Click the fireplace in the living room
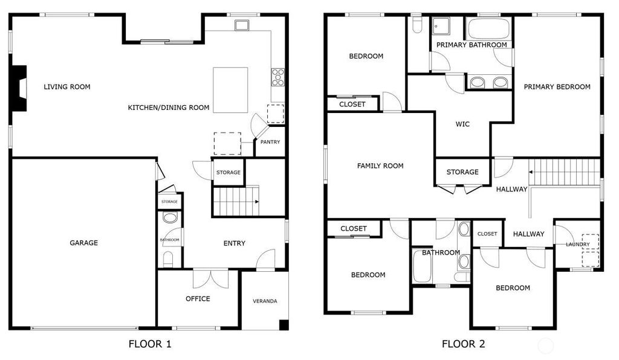[18, 88]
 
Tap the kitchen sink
[241, 25]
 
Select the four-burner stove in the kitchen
[278, 77]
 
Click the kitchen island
[230, 90]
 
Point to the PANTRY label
[270, 142]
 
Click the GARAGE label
[83, 243]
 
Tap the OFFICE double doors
[211, 279]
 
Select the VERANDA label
[265, 301]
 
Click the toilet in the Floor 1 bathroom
[168, 259]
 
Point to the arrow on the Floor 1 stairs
[256, 202]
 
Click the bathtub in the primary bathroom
[488, 28]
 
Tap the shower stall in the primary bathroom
[441, 27]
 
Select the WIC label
[462, 124]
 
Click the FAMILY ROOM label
[380, 166]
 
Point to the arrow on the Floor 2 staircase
[531, 172]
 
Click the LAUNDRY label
[577, 245]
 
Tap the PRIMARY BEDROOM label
[557, 87]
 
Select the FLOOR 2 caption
[463, 344]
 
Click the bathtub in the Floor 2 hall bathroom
[422, 266]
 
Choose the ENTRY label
[235, 243]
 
